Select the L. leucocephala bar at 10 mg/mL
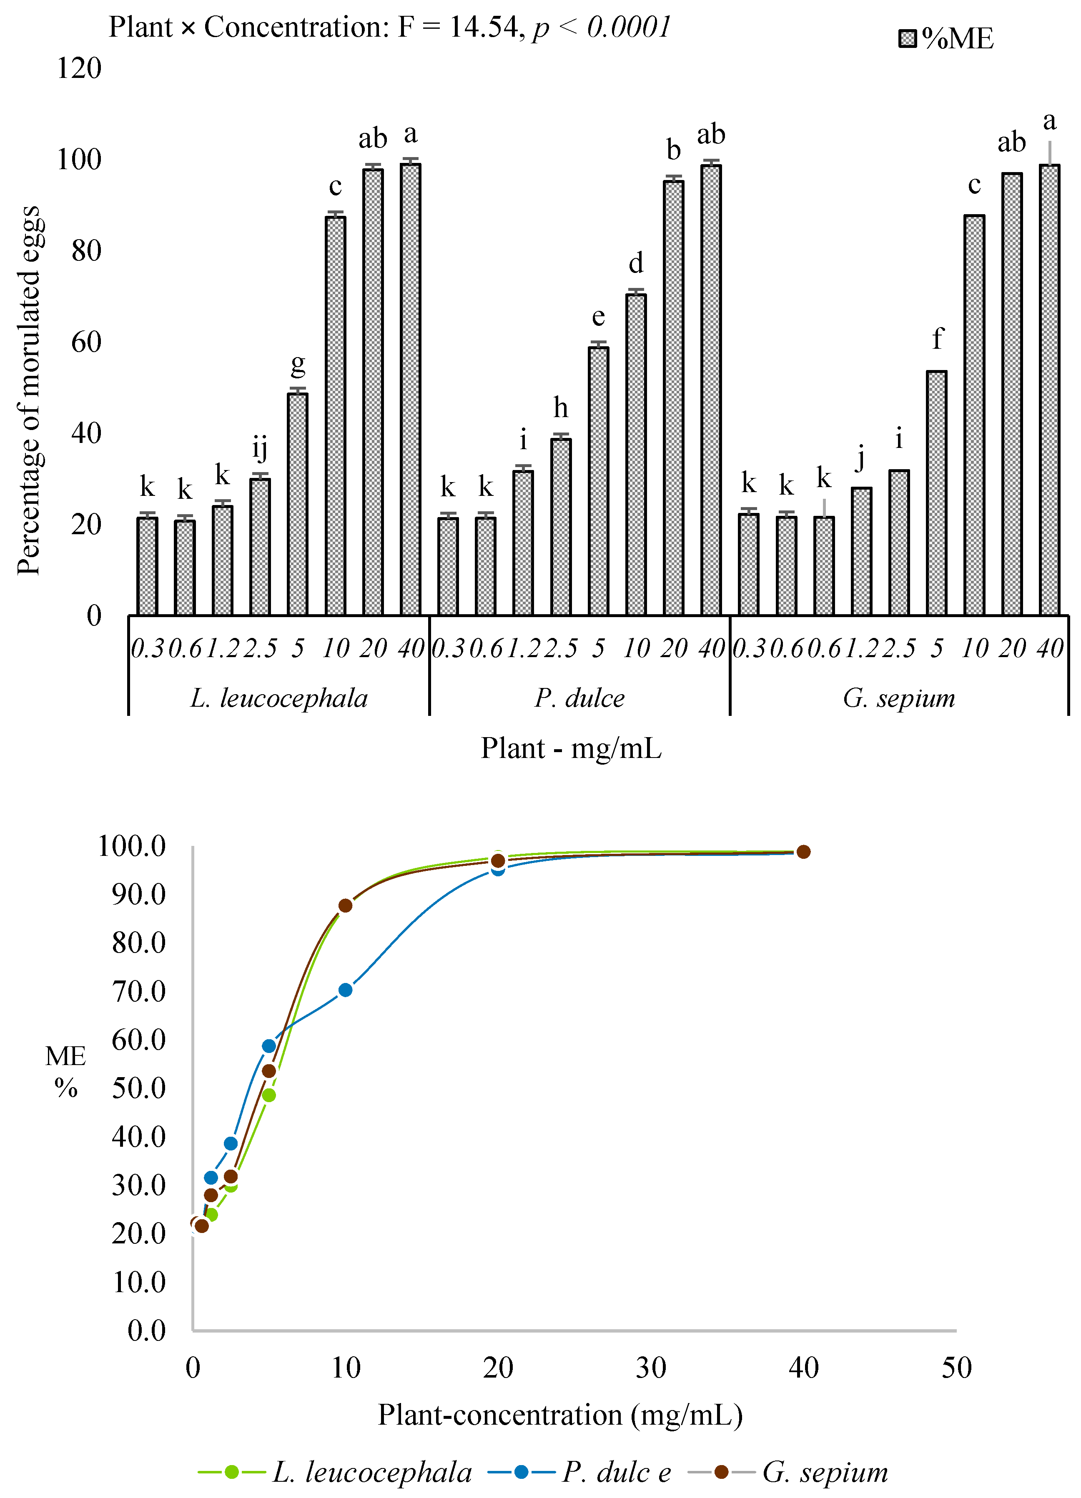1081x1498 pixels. (335, 416)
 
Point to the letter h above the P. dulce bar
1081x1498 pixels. (560, 408)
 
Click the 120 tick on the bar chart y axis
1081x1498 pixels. (79, 68)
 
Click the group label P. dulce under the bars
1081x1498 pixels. (579, 698)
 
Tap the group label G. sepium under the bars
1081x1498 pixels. (899, 698)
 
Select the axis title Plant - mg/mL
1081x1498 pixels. (571, 748)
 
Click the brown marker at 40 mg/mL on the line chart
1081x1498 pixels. (803, 852)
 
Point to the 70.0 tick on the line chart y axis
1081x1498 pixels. (139, 991)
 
